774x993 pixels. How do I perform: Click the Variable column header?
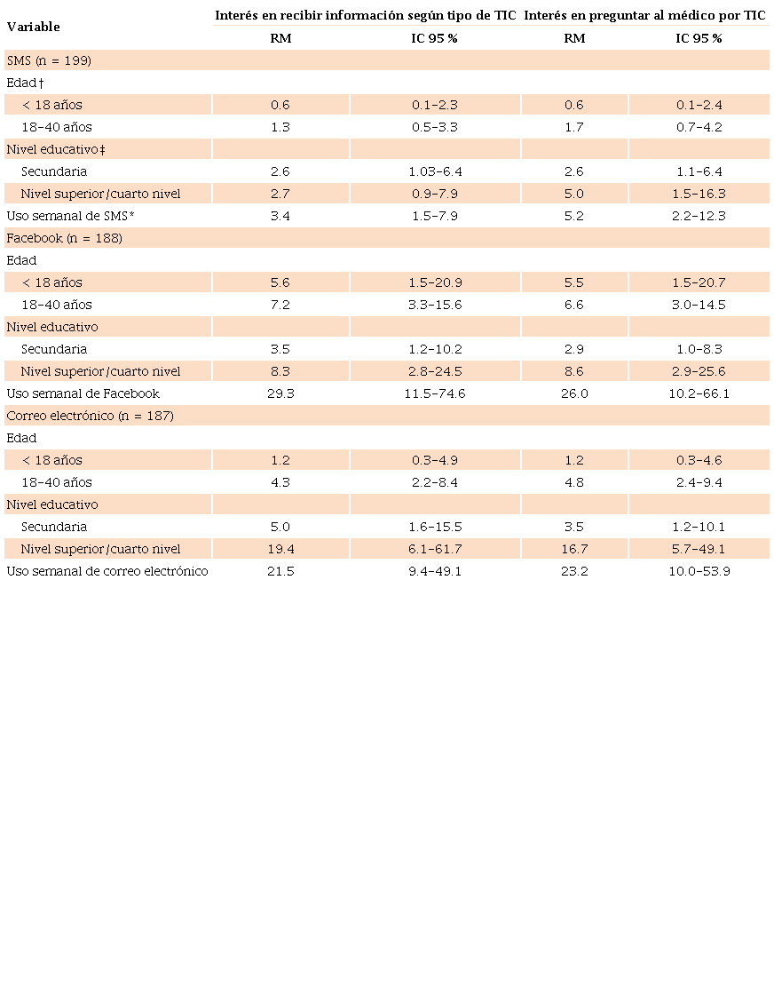click(x=33, y=27)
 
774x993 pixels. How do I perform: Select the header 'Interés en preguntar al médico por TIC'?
click(x=645, y=15)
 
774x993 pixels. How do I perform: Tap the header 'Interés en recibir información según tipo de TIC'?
click(x=366, y=15)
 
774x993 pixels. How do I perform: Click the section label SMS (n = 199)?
click(x=49, y=60)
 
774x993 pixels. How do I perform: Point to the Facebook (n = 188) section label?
click(x=64, y=238)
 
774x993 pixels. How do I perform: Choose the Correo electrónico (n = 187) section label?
click(x=90, y=416)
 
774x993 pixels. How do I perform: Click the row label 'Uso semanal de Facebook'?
click(x=83, y=393)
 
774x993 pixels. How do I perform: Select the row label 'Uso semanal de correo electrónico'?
click(x=107, y=571)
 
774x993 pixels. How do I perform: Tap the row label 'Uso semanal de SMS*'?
click(x=70, y=216)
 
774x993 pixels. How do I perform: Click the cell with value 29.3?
click(x=280, y=393)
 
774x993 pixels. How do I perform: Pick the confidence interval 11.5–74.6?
click(x=435, y=393)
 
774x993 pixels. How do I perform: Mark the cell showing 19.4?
click(x=280, y=549)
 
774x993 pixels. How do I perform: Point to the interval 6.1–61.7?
click(x=435, y=549)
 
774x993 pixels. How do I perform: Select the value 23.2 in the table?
click(x=574, y=571)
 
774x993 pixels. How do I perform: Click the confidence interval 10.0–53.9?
click(x=699, y=571)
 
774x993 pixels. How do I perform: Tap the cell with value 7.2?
click(x=280, y=305)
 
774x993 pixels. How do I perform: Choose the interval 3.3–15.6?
click(x=435, y=305)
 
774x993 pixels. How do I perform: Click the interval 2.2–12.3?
click(x=699, y=216)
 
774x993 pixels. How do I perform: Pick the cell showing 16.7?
click(x=574, y=549)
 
